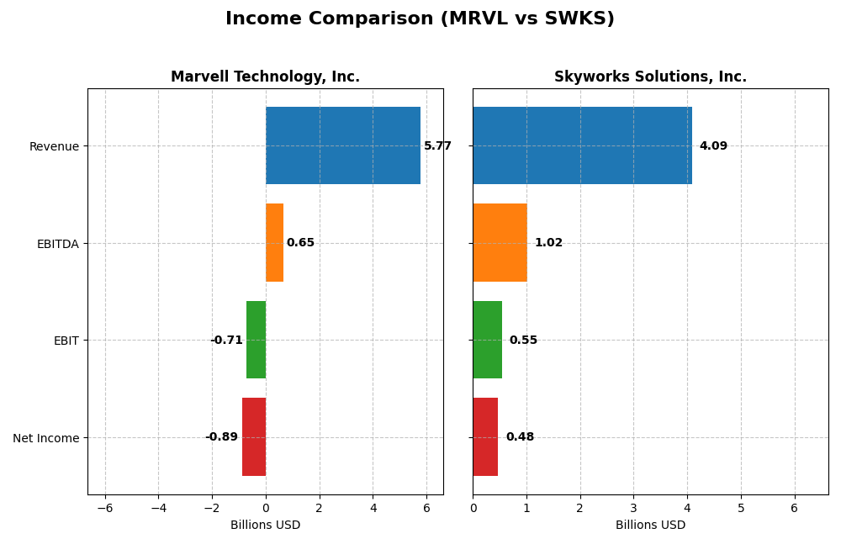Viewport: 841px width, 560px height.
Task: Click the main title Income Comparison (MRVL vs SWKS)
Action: click(x=420, y=18)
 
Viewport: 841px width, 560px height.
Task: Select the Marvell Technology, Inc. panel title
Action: click(x=265, y=77)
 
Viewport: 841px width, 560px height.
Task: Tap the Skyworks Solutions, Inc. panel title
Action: click(x=650, y=77)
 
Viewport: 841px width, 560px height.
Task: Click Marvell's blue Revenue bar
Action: click(x=342, y=145)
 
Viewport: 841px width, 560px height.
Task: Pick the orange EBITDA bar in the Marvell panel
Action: click(x=274, y=243)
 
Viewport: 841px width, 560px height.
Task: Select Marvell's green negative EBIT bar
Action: click(x=256, y=340)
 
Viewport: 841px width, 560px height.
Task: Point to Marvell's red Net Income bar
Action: click(x=254, y=437)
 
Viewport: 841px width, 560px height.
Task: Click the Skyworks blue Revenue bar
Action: click(x=582, y=145)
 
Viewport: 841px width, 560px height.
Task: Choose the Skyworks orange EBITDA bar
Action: click(x=500, y=243)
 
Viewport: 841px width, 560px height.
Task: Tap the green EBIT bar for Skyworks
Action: click(x=487, y=340)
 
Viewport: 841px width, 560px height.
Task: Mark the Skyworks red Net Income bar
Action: click(x=485, y=437)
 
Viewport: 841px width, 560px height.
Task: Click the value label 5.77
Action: click(x=437, y=146)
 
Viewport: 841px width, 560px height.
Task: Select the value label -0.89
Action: click(x=222, y=437)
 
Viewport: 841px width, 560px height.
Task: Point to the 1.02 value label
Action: click(x=548, y=243)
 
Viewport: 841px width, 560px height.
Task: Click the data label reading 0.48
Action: click(x=520, y=437)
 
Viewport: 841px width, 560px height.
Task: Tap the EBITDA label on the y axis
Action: click(x=57, y=244)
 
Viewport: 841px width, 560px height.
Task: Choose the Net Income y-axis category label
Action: click(x=45, y=438)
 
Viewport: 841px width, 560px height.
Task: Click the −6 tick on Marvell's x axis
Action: click(x=105, y=508)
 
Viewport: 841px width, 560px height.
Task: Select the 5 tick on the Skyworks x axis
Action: click(x=741, y=508)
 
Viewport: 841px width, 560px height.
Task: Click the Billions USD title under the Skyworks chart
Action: click(x=650, y=526)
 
